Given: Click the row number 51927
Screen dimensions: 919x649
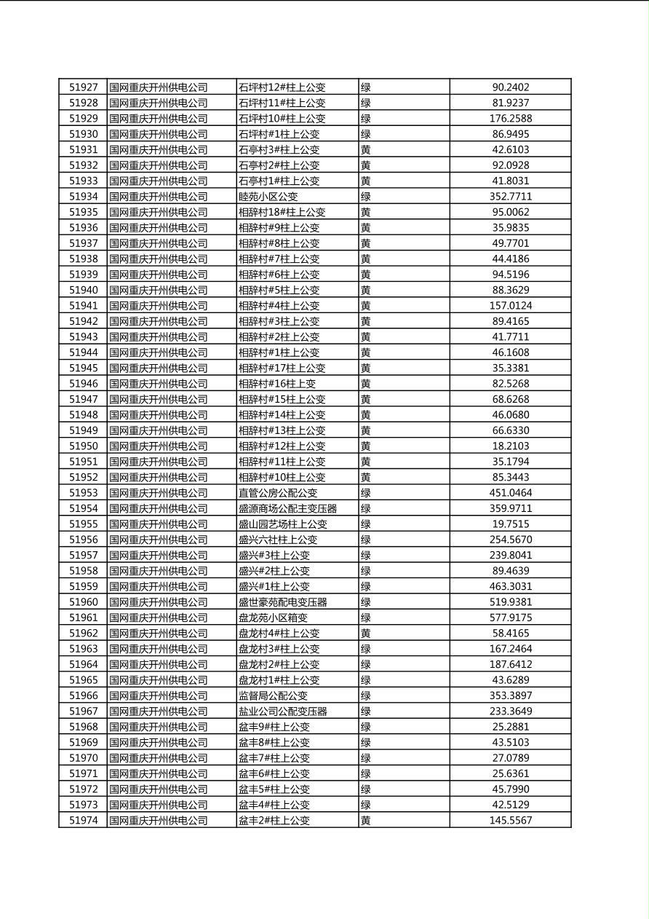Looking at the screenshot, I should click(x=83, y=87).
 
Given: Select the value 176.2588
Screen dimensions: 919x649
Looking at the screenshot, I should click(x=510, y=119).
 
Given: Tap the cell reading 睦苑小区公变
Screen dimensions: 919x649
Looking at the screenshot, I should click(x=268, y=197).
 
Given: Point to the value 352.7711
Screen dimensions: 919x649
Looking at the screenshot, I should click(x=510, y=197).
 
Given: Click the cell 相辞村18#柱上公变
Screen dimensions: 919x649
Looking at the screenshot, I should click(x=282, y=212).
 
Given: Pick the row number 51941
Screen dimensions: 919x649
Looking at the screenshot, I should click(x=83, y=306).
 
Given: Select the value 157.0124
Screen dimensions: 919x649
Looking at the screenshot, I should click(x=510, y=306).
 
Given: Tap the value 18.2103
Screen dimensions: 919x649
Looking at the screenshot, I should click(x=510, y=446).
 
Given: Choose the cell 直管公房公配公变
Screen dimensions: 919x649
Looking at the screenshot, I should click(x=278, y=493).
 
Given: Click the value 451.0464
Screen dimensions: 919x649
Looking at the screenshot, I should click(x=510, y=493).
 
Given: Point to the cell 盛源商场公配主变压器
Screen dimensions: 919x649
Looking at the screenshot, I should click(x=287, y=508).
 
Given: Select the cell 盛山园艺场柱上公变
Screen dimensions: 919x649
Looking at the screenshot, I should click(x=282, y=524).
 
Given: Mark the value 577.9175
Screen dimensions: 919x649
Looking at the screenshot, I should click(x=510, y=618).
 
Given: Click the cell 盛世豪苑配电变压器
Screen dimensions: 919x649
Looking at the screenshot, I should click(x=282, y=602).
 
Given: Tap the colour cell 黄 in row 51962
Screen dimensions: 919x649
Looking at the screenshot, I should click(x=366, y=634).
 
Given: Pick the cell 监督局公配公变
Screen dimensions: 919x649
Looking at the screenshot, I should click(x=273, y=695).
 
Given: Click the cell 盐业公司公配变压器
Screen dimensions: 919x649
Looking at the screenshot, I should click(x=282, y=711).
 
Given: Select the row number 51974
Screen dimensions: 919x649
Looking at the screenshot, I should click(x=83, y=821).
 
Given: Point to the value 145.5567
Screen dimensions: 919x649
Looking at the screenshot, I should click(x=510, y=821).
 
